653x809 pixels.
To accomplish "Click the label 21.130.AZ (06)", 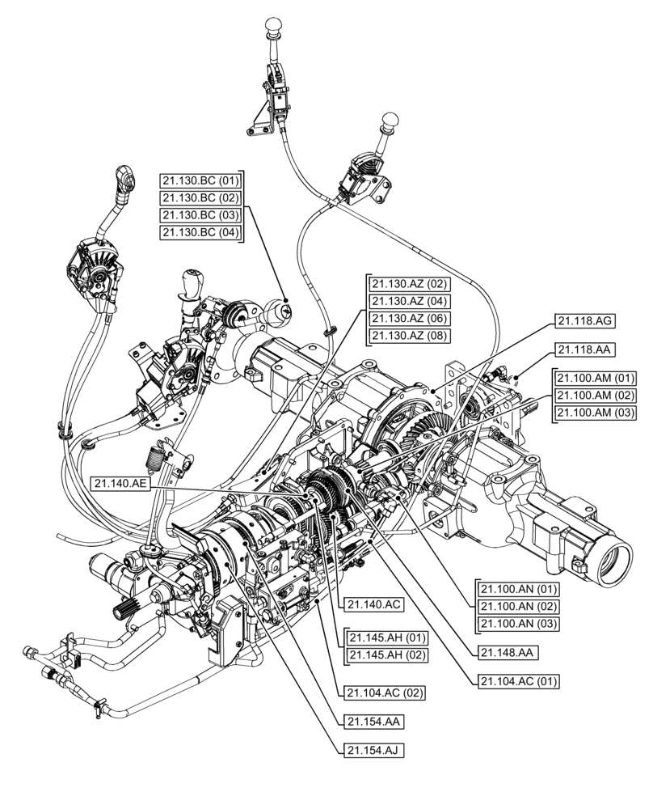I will [410, 319].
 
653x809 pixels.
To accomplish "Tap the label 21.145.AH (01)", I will [386, 637].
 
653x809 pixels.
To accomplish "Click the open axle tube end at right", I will [613, 559].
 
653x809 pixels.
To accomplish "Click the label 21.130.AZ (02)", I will [410, 284].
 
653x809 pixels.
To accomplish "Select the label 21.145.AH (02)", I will [386, 654].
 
